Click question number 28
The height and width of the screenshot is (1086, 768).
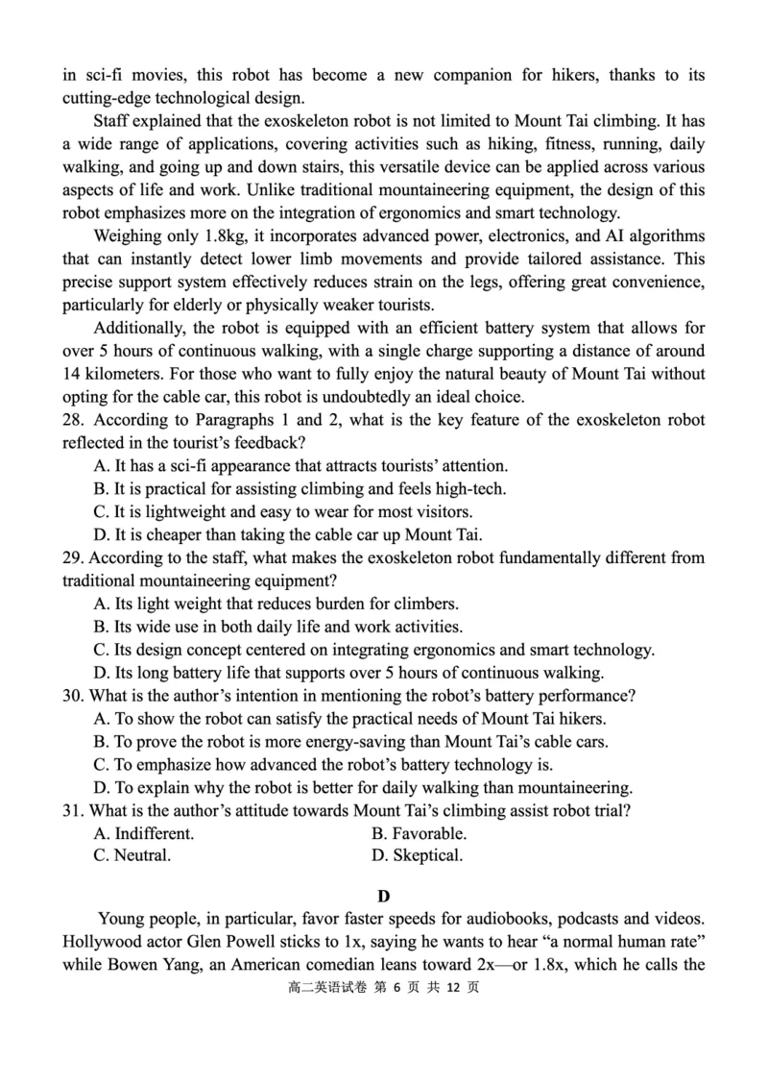click(73, 420)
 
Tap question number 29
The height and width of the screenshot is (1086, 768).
click(73, 557)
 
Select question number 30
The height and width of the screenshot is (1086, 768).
click(73, 695)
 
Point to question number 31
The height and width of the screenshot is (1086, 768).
click(73, 809)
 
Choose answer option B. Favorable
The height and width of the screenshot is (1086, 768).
click(419, 832)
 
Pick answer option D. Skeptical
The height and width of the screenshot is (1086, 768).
click(417, 855)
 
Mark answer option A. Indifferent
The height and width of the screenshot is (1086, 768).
click(144, 832)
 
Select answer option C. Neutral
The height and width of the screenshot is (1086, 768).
click(132, 855)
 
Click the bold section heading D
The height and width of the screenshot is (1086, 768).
click(384, 897)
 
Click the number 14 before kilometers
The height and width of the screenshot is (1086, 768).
click(72, 374)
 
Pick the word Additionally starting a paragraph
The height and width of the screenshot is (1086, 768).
click(139, 328)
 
